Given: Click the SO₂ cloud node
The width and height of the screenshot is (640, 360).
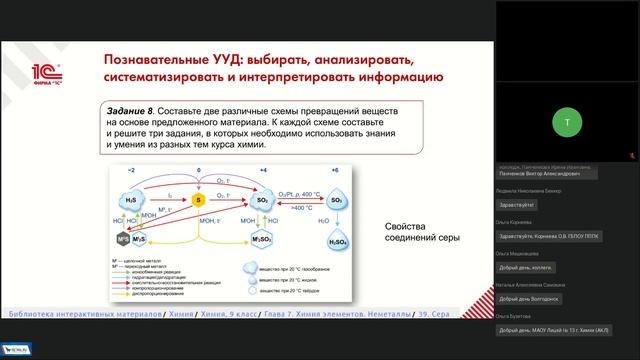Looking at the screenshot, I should pos(264,200).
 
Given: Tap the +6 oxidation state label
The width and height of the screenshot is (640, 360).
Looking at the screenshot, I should pos(336,171).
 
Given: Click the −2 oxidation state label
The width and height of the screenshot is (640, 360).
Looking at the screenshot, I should pos(129,171).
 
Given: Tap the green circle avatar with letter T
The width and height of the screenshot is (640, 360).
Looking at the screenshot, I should pos(567,121).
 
